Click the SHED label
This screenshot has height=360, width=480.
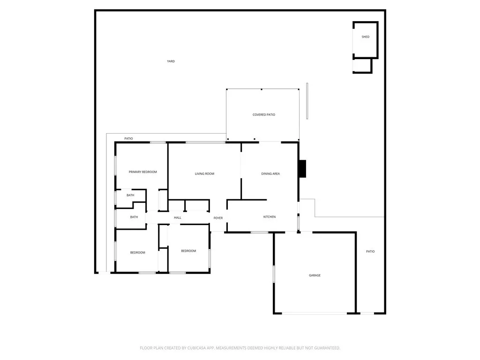point(365,37)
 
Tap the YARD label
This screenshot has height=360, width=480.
point(171,61)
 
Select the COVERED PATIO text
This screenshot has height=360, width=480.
point(263,115)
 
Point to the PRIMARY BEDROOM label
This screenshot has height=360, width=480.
point(142,172)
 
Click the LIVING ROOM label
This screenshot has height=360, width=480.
point(204,174)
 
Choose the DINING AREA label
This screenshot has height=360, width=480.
point(270,174)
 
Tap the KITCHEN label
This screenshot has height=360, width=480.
point(269,217)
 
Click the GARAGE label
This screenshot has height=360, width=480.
point(315,276)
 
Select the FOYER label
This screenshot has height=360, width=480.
point(218,218)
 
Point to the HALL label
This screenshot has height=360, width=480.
point(178,217)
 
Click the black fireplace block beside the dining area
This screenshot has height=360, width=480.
point(302,169)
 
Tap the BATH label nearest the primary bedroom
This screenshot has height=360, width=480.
point(130,195)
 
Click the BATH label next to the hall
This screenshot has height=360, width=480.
point(134,217)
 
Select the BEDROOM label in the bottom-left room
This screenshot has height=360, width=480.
point(137,253)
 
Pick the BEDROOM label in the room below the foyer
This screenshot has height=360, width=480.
point(188,251)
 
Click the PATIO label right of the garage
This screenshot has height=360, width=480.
point(370,252)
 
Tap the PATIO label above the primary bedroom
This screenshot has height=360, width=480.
point(128,139)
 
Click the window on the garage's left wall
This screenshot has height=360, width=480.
point(274,274)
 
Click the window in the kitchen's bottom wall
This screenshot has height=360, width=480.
point(259,232)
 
